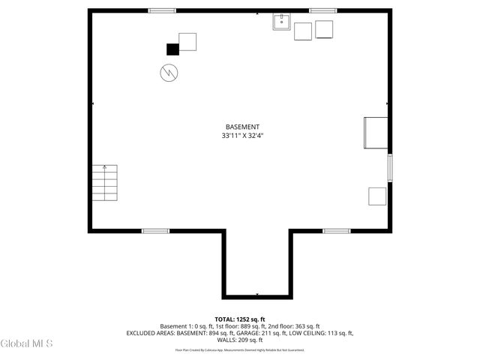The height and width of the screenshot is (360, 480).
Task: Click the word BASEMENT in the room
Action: pyautogui.click(x=242, y=127)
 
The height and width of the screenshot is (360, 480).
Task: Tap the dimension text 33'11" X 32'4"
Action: pyautogui.click(x=242, y=136)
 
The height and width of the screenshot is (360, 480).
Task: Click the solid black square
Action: pyautogui.click(x=172, y=49)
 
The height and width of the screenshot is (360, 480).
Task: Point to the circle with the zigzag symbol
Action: pyautogui.click(x=168, y=73)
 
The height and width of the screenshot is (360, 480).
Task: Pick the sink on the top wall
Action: pyautogui.click(x=282, y=22)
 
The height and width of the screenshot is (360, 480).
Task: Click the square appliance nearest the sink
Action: pyautogui.click(x=303, y=31)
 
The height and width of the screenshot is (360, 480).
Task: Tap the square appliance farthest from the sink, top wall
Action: pyautogui.click(x=324, y=29)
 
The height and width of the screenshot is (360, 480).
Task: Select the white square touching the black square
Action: pyautogui.click(x=187, y=41)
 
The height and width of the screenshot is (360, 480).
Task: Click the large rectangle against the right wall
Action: pyautogui.click(x=375, y=133)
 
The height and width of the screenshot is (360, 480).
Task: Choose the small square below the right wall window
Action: pyautogui.click(x=377, y=196)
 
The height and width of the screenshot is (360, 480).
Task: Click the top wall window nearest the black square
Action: pyautogui.click(x=162, y=10)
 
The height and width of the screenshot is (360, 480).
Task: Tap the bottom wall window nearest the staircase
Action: pyautogui.click(x=155, y=231)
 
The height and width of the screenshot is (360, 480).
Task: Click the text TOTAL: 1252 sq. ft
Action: pyautogui.click(x=240, y=319)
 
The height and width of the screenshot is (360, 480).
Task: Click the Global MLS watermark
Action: pyautogui.click(x=27, y=343)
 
